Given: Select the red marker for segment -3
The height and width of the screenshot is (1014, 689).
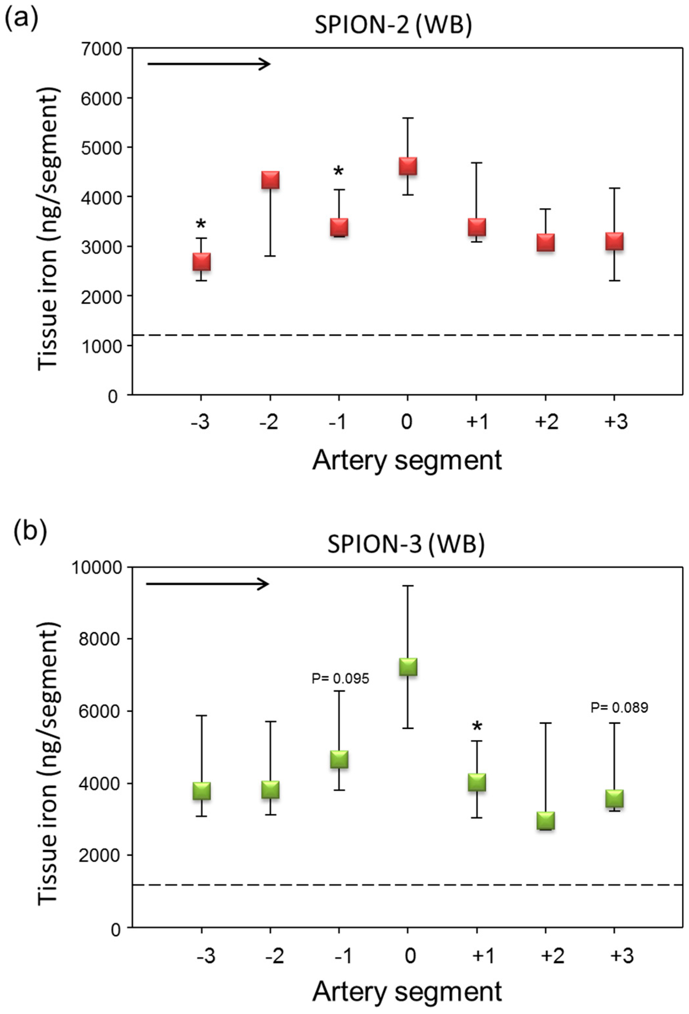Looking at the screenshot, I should click(x=201, y=262).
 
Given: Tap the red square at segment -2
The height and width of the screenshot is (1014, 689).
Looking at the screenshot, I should click(x=270, y=180).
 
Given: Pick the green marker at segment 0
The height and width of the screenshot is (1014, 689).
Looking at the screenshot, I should click(x=408, y=667).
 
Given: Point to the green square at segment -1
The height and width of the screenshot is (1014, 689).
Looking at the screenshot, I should click(x=339, y=759).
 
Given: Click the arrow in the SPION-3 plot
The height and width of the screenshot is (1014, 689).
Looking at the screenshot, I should click(x=207, y=584).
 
